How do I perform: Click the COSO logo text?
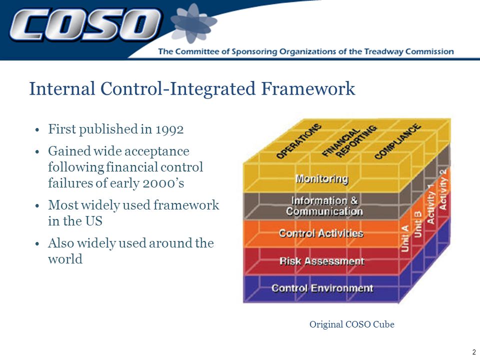85,24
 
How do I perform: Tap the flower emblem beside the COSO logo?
193,23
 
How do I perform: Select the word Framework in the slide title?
308,89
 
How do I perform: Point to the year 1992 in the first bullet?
169,129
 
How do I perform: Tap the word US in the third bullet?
93,221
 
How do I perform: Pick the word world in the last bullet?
65,259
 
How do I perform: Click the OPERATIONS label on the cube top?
299,141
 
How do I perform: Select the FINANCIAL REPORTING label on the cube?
349,141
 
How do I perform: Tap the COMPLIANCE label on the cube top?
397,141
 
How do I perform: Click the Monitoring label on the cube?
321,178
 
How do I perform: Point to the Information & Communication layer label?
324,206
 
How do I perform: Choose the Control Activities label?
321,233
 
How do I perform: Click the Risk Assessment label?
322,261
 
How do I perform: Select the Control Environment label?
322,288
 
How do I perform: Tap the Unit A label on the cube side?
405,238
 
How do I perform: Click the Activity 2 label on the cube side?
443,189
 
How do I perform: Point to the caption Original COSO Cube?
351,324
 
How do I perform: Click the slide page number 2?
474,351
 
